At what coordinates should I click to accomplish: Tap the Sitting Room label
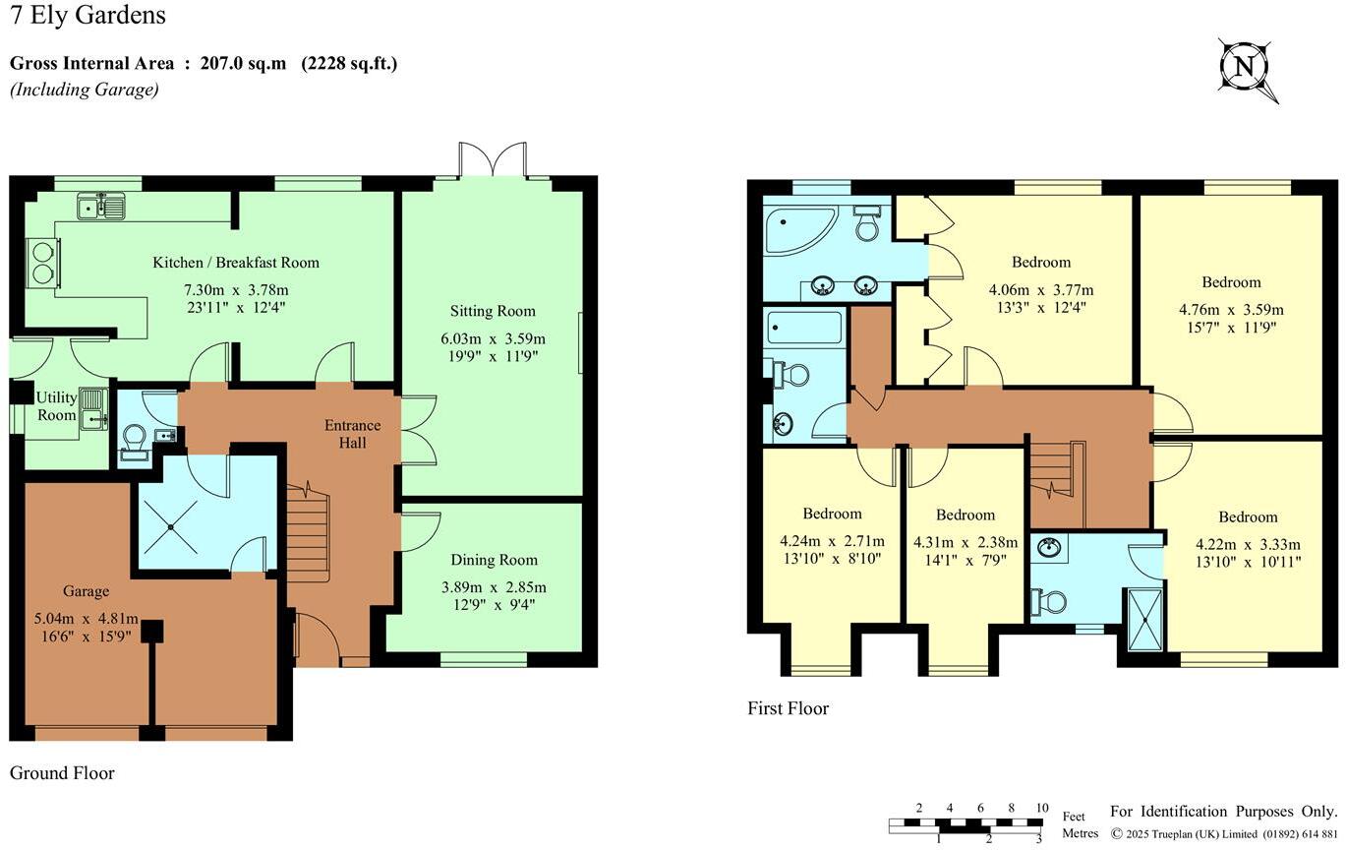tap(493, 311)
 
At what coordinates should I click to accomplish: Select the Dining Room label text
tap(494, 560)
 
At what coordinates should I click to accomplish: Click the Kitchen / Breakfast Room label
tap(235, 263)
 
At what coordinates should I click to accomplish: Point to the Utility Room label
tap(56, 406)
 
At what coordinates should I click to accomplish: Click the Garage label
tap(86, 591)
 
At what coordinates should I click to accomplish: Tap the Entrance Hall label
tap(352, 434)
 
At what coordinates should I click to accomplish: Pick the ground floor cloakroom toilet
tap(133, 443)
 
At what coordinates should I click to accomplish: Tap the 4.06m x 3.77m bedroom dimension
tap(1040, 290)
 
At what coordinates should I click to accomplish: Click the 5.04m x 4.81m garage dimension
tap(86, 620)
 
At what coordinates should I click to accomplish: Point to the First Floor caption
tap(788, 708)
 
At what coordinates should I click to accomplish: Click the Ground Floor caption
tap(62, 773)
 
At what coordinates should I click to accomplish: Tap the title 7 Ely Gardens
tap(88, 16)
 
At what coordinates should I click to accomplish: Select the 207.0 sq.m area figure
tap(243, 64)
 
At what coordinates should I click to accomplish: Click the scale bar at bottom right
tap(966, 823)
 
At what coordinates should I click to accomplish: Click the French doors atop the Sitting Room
tap(494, 161)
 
